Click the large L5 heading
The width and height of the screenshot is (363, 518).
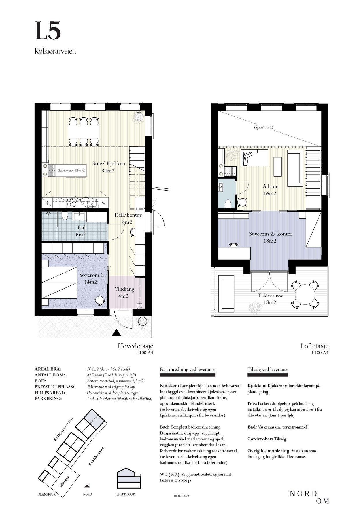[48, 31]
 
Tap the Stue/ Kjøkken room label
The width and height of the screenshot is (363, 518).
[109, 167]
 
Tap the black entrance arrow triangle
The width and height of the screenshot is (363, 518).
[116, 332]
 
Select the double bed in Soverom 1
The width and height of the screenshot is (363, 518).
[60, 283]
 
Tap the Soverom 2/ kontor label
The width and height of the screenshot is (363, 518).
[271, 237]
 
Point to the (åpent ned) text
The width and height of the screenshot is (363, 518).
[263, 127]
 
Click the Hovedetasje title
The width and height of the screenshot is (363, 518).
[135, 346]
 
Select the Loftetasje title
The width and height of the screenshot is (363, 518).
[314, 346]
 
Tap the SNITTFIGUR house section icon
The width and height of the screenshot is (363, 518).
[129, 478]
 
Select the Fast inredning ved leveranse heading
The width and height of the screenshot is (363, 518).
[188, 369]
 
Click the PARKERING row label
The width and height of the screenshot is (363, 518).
[48, 399]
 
